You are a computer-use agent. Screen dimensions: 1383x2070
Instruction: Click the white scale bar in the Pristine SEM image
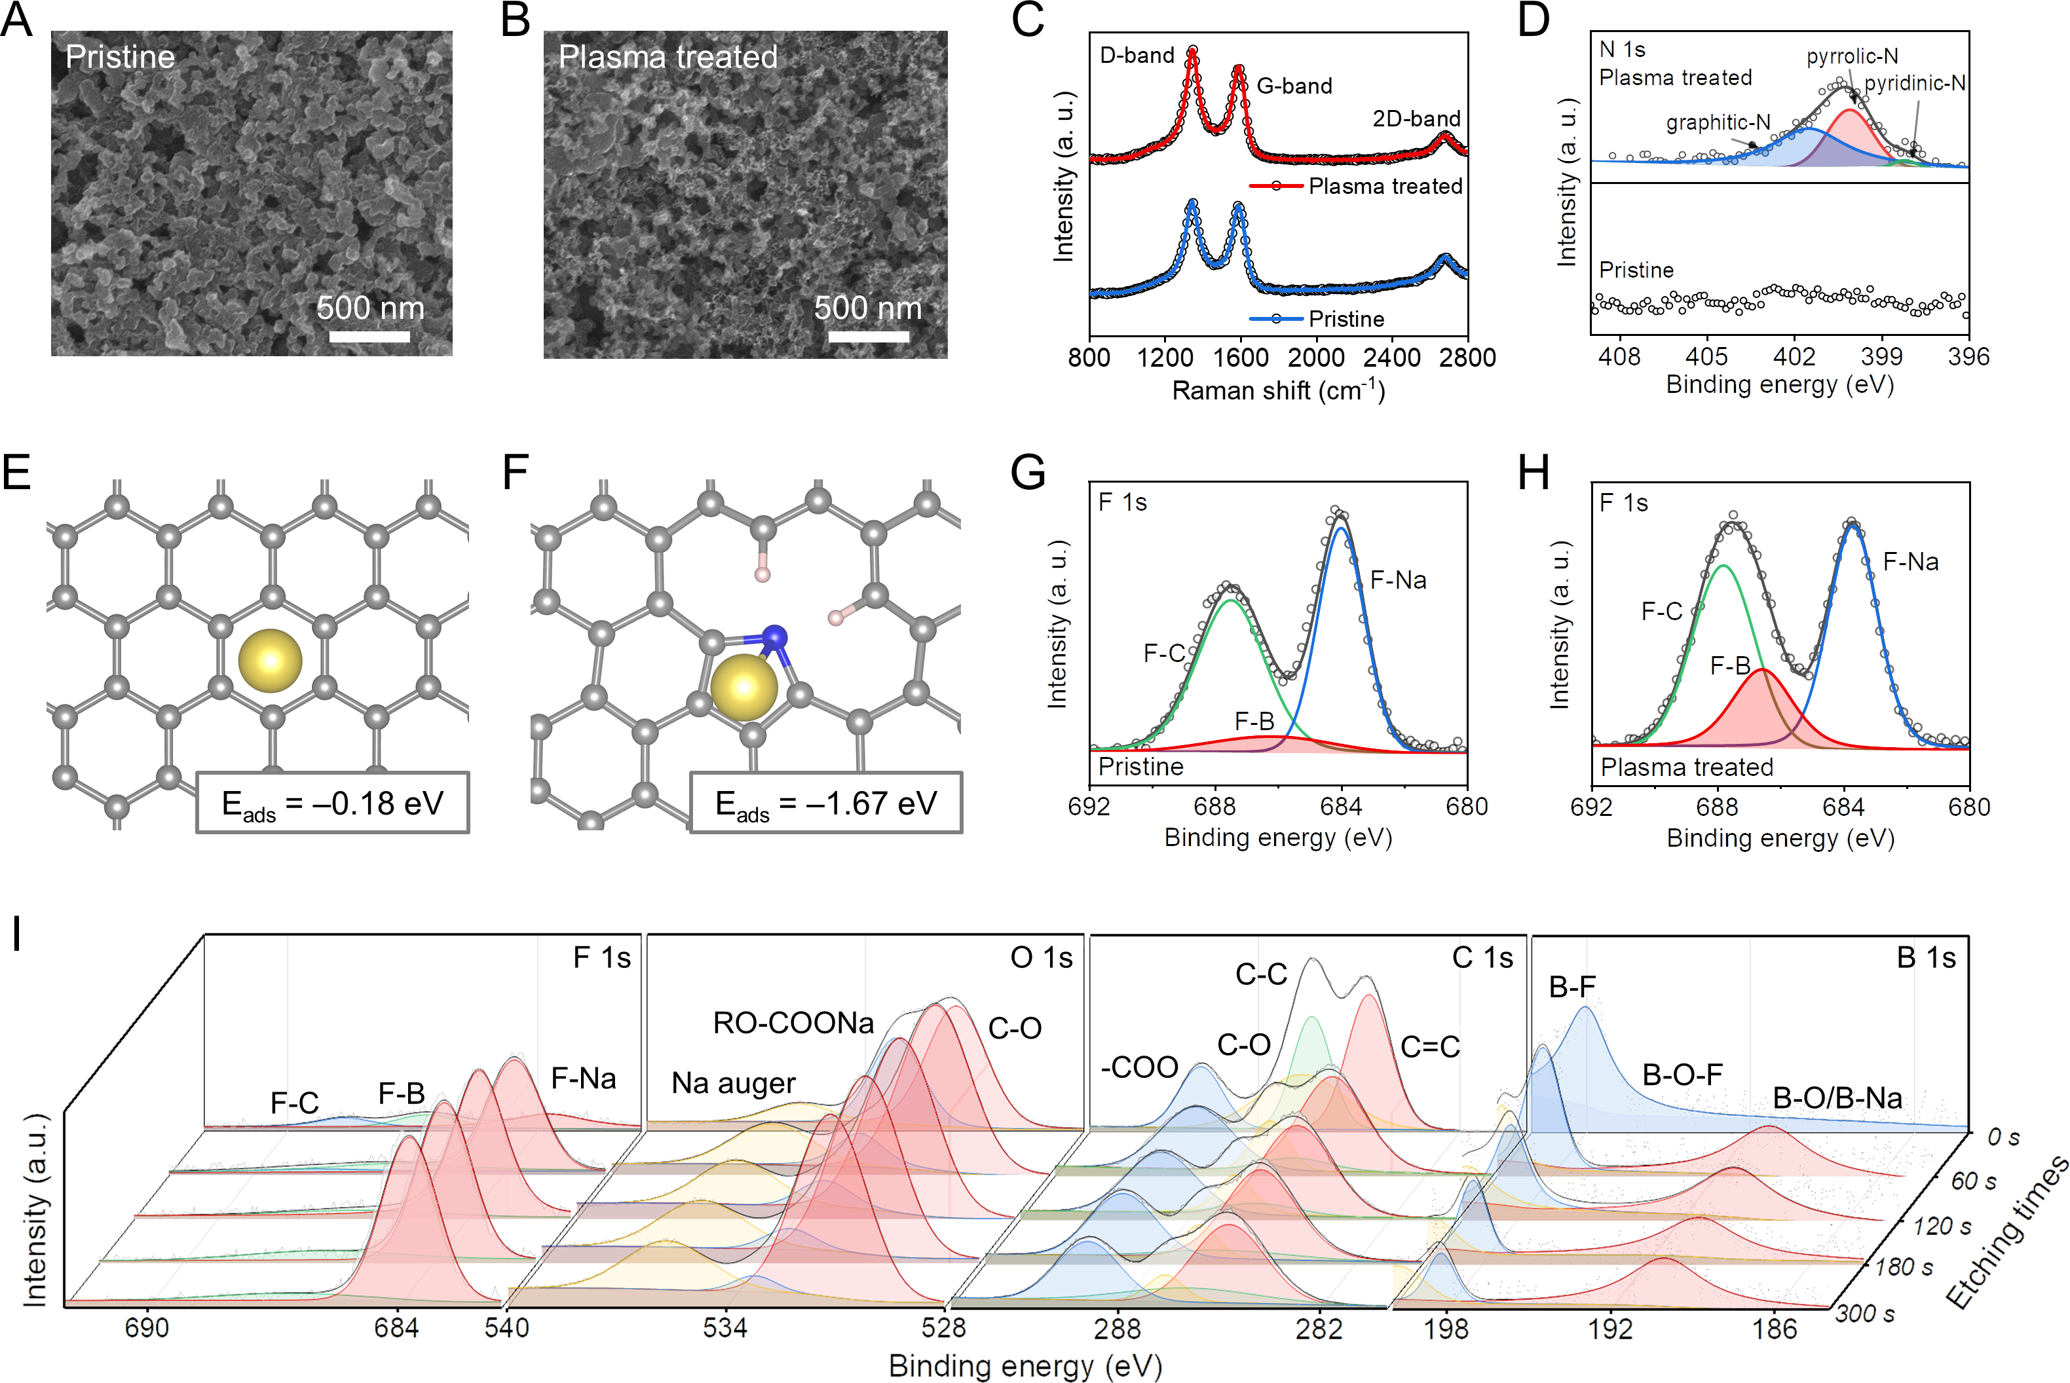(x=369, y=336)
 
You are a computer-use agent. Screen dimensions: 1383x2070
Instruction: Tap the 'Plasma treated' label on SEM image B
(x=668, y=58)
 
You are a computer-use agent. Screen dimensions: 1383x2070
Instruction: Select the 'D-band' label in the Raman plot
(x=1137, y=56)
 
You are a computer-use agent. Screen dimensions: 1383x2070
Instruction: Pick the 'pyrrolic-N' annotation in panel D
(x=1852, y=56)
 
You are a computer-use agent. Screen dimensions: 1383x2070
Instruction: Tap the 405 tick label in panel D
(x=1706, y=356)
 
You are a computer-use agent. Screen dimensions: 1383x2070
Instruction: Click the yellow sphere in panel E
(x=270, y=661)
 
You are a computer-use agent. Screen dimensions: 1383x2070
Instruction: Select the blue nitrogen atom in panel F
(x=775, y=636)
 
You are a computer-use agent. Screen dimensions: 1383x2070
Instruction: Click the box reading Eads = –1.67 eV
(x=826, y=803)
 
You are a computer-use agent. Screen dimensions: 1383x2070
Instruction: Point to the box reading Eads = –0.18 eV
(x=333, y=803)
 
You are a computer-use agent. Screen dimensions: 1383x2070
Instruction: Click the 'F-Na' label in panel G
(x=1398, y=580)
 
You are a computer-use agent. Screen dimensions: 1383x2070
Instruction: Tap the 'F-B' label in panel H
(x=1729, y=666)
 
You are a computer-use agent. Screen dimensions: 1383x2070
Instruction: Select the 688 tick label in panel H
(x=1717, y=807)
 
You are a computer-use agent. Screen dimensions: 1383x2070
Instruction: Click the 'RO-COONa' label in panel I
(x=793, y=1023)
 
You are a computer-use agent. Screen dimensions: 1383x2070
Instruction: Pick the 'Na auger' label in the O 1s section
(x=733, y=1083)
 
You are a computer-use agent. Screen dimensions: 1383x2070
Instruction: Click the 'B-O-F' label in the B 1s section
(x=1682, y=1075)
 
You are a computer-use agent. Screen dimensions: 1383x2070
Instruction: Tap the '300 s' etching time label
(x=1864, y=1314)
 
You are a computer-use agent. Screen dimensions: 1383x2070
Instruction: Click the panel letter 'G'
(x=1028, y=473)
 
